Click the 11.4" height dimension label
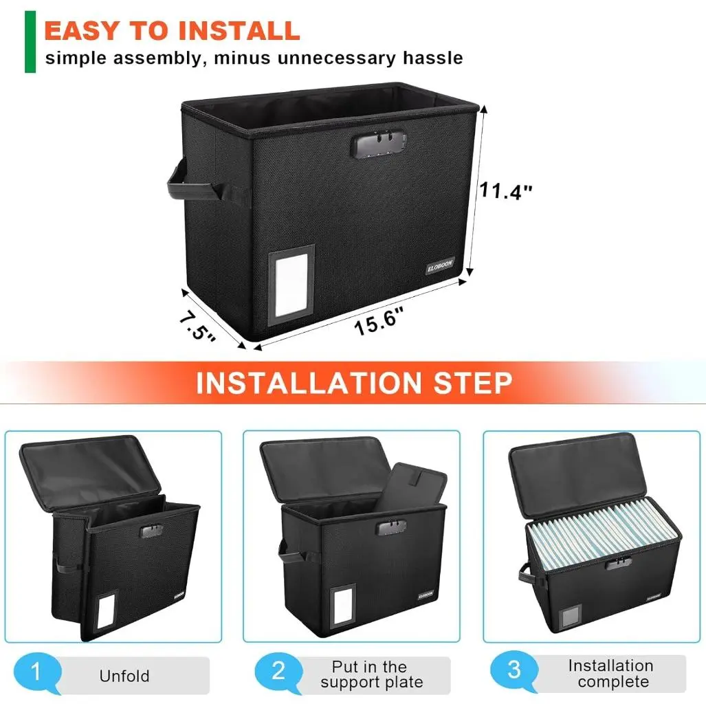click(x=505, y=190)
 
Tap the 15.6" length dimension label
click(x=378, y=320)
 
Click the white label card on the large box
click(x=291, y=285)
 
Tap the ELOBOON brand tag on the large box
click(x=440, y=265)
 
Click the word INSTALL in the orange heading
click(x=239, y=31)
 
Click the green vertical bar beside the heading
click(x=30, y=41)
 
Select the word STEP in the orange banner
click(x=472, y=383)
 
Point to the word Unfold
click(x=124, y=676)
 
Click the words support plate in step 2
click(x=372, y=683)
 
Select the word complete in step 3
click(x=613, y=682)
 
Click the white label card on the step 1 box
click(x=107, y=610)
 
